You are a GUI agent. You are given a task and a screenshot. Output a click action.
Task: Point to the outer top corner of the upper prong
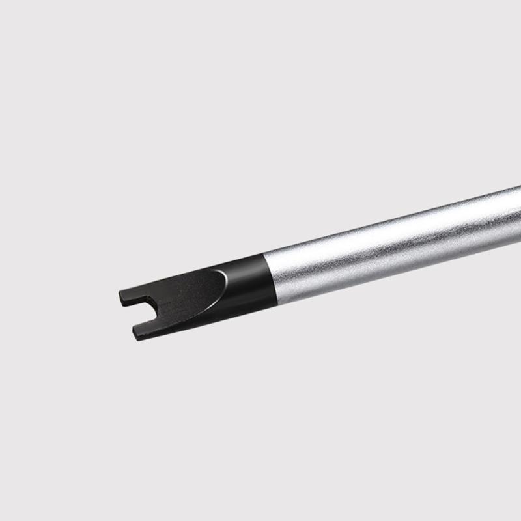tap(121, 292)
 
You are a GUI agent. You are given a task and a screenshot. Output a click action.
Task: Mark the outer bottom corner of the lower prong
tap(135, 339)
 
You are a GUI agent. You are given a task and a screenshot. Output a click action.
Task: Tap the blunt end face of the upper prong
tap(121, 298)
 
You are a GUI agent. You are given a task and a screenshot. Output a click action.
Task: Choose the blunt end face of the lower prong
tap(134, 333)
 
